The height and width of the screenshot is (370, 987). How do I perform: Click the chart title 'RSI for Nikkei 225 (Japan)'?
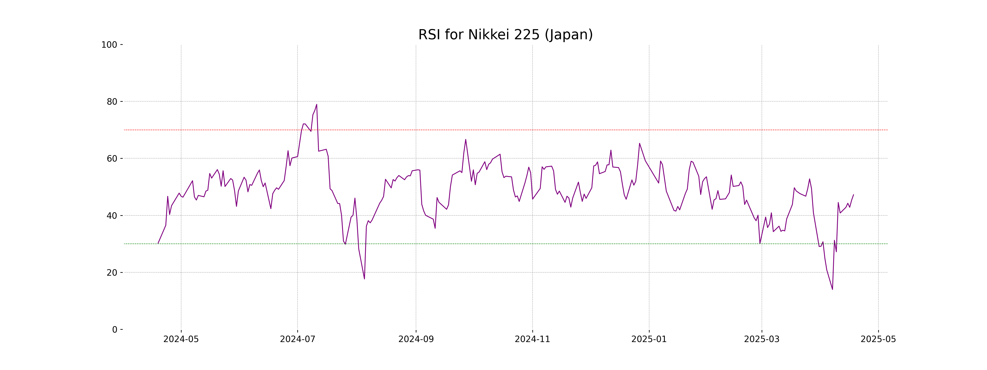pyautogui.click(x=505, y=35)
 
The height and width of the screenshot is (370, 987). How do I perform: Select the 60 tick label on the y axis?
pyautogui.click(x=112, y=158)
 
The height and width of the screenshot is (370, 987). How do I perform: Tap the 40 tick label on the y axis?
pyautogui.click(x=112, y=216)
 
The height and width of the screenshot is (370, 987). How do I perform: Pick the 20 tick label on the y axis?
pyautogui.click(x=112, y=273)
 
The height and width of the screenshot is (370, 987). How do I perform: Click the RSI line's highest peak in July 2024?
pyautogui.click(x=316, y=104)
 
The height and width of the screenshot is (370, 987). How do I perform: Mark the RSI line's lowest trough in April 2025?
pyautogui.click(x=832, y=289)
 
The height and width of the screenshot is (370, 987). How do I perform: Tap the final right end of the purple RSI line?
pyautogui.click(x=853, y=195)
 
